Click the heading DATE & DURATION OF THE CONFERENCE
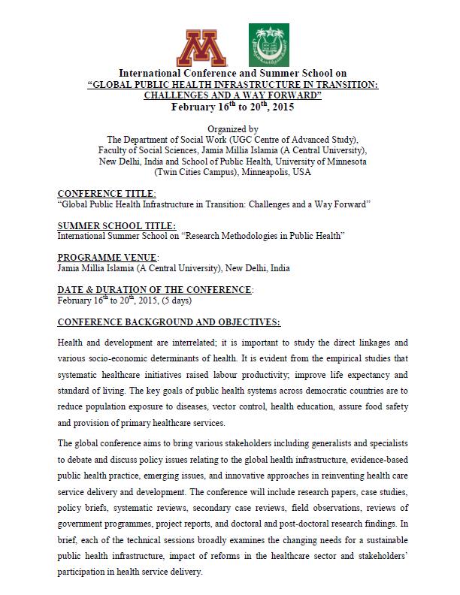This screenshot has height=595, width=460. click(x=155, y=290)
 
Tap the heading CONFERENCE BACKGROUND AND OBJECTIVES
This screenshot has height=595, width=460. click(x=168, y=322)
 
